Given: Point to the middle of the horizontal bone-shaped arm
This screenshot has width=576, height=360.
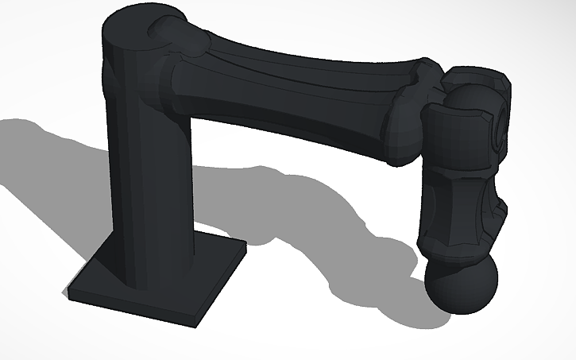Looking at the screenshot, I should tap(294, 87).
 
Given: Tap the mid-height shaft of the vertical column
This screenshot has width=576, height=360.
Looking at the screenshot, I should tap(147, 183).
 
